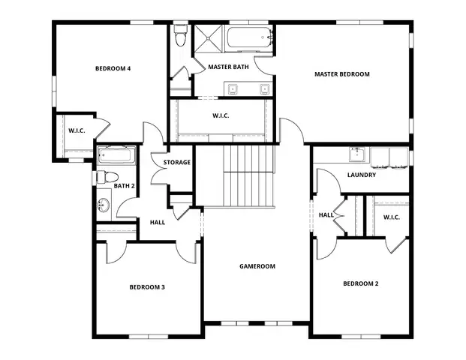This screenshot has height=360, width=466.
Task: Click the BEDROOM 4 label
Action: pyautogui.click(x=113, y=69)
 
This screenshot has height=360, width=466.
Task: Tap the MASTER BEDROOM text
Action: pyautogui.click(x=341, y=74)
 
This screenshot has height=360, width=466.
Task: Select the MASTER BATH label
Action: pyautogui.click(x=228, y=67)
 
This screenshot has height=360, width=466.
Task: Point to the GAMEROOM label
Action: pyautogui.click(x=257, y=266)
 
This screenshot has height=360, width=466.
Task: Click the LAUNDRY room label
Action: pyautogui.click(x=361, y=175)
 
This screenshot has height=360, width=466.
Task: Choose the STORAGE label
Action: pyautogui.click(x=177, y=162)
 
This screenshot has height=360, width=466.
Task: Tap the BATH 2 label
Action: pyautogui.click(x=124, y=186)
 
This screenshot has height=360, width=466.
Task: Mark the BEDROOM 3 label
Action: pyautogui.click(x=147, y=286)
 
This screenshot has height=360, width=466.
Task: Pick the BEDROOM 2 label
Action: pyautogui.click(x=361, y=283)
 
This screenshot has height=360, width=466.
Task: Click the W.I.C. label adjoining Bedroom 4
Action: pyautogui.click(x=77, y=131)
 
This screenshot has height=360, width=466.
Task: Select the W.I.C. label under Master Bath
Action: pyautogui.click(x=221, y=116)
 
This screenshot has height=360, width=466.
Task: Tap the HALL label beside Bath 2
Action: pyautogui.click(x=158, y=222)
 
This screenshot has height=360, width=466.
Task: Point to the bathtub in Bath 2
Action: pyautogui.click(x=116, y=157)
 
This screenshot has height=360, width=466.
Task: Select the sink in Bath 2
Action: pyautogui.click(x=104, y=204)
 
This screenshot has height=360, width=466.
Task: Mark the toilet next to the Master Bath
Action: pyautogui.click(x=180, y=36)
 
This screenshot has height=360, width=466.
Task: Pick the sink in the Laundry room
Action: pyautogui.click(x=356, y=156)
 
